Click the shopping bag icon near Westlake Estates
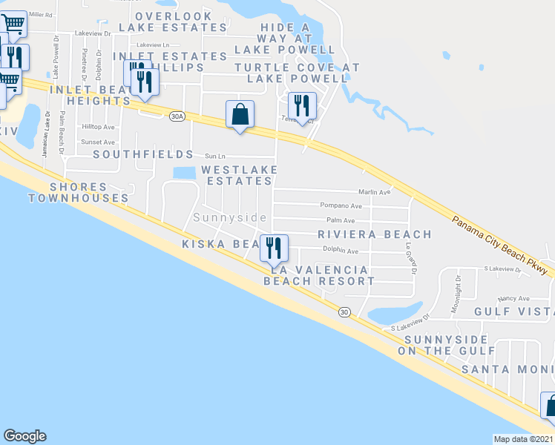pyautogui.click(x=240, y=115)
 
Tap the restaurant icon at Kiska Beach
pyautogui.click(x=274, y=248)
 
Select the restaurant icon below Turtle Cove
pyautogui.click(x=302, y=107)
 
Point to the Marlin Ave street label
pyautogui.click(x=375, y=192)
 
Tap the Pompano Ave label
pyautogui.click(x=341, y=205)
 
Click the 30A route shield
pyautogui.click(x=177, y=116)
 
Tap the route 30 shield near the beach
pyautogui.click(x=344, y=312)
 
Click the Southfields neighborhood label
pyautogui.click(x=143, y=156)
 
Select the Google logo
pyautogui.click(x=24, y=436)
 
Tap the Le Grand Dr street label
pyautogui.click(x=409, y=259)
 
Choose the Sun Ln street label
pyautogui.click(x=214, y=156)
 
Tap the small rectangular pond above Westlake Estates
pyautogui.click(x=183, y=173)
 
